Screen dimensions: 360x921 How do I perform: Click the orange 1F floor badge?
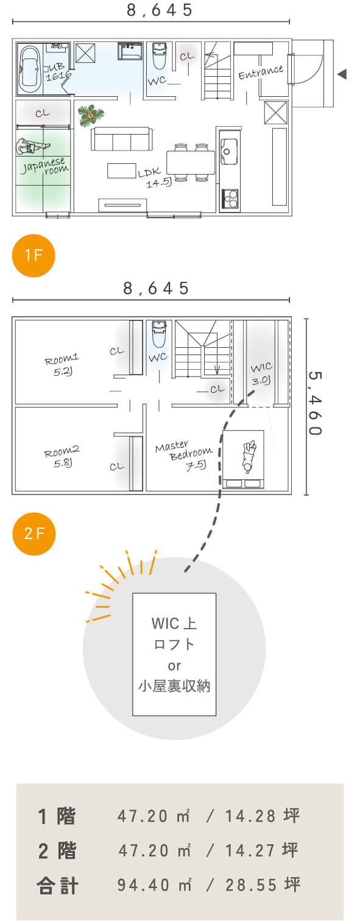(x=34, y=255)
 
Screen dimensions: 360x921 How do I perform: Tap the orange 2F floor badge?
(x=34, y=534)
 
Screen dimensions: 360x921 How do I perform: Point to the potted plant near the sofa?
(x=90, y=115)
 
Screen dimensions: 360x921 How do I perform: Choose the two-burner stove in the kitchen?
(x=230, y=199)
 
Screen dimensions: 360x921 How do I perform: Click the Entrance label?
(x=261, y=72)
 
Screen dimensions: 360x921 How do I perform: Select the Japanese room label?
(x=45, y=165)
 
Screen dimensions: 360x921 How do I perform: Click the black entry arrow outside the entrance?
(x=342, y=74)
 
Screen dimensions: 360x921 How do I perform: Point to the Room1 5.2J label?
(x=62, y=365)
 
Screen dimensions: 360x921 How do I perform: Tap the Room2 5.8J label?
(x=62, y=457)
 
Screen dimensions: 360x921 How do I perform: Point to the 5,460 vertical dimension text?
(x=315, y=403)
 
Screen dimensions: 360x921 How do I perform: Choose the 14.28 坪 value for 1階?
(x=262, y=816)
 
